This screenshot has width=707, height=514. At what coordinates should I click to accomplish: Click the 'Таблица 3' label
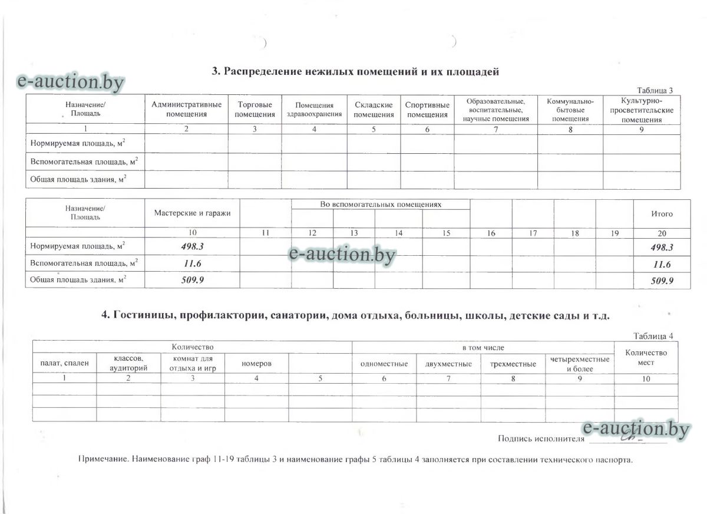point(655,90)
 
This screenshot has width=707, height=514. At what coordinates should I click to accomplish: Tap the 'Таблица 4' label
point(653,336)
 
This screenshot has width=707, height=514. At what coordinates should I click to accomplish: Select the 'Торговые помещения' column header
point(255,109)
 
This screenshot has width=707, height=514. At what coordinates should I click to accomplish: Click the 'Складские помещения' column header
point(374,109)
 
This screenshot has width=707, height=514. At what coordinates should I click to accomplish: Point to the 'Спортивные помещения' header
point(427,109)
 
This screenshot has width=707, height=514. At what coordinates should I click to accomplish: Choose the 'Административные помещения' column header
point(186,109)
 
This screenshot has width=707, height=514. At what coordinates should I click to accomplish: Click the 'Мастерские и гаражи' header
point(193,213)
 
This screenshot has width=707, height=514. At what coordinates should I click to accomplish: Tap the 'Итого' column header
point(661,214)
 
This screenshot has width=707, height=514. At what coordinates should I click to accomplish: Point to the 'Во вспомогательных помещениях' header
point(380,205)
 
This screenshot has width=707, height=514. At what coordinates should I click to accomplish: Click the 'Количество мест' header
point(646,357)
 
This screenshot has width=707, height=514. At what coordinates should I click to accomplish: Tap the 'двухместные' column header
point(448,364)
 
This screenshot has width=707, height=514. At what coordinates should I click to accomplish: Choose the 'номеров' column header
point(256,364)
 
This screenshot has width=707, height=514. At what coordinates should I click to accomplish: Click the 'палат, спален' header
point(64,363)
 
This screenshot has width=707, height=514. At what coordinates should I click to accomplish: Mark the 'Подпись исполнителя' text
point(541,439)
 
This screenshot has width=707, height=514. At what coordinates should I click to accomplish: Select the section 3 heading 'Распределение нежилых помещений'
point(355,72)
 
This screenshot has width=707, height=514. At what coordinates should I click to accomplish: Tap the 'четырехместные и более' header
point(579,364)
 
